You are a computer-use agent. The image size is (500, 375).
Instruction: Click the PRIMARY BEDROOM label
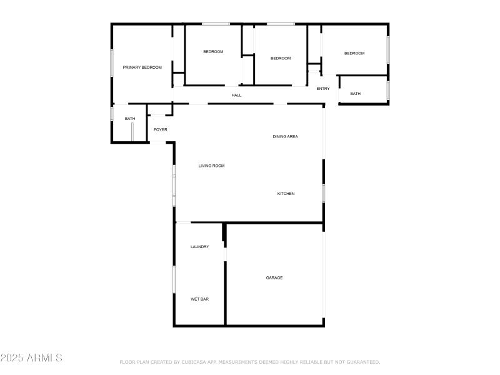tap(142, 67)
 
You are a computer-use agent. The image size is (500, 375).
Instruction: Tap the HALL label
tap(236, 95)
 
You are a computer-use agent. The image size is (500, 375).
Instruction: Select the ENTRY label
tap(322, 89)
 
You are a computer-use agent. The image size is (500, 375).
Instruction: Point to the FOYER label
tap(161, 129)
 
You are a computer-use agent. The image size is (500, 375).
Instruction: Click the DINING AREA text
tap(285, 136)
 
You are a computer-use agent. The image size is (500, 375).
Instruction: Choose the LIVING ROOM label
tap(211, 166)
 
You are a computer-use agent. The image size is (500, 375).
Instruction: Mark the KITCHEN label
tap(286, 194)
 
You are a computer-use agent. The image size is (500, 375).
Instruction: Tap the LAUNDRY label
tap(199, 247)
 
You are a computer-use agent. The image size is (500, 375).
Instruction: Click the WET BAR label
tap(199, 299)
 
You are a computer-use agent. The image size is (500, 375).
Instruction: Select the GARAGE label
tap(274, 277)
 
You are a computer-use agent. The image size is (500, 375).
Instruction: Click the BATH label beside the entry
tap(355, 94)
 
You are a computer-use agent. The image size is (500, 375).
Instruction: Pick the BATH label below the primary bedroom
tap(130, 119)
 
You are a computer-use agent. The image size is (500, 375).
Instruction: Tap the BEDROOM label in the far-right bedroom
tap(354, 53)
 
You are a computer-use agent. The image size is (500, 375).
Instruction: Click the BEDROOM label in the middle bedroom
tap(281, 58)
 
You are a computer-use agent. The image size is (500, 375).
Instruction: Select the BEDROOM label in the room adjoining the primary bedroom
tap(213, 51)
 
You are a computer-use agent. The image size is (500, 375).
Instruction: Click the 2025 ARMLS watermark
tap(31, 358)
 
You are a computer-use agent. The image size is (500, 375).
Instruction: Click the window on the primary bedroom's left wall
tap(112, 62)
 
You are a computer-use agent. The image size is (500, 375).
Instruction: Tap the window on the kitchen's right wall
tap(323, 192)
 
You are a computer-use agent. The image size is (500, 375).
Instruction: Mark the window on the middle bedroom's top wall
tap(281, 24)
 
